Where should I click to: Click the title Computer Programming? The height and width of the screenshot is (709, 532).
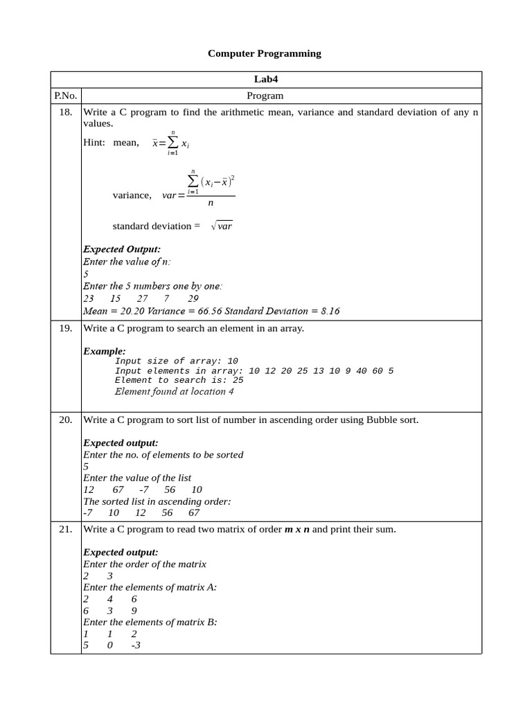(265, 53)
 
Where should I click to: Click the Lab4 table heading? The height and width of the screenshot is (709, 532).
(265, 80)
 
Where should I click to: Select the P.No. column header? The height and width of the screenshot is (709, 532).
(66, 96)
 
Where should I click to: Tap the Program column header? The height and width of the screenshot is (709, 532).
(265, 96)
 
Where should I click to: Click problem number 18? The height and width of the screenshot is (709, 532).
(66, 112)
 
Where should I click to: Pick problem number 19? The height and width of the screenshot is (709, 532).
(66, 328)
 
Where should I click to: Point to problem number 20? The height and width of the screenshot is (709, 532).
(66, 420)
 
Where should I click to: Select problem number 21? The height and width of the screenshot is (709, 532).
(66, 530)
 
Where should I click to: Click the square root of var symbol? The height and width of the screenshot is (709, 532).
(222, 226)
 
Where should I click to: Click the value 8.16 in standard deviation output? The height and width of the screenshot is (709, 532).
(328, 311)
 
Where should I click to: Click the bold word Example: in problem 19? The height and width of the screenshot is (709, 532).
(105, 351)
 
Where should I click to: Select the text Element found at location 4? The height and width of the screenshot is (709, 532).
(174, 391)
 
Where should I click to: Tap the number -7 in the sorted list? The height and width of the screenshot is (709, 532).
(87, 512)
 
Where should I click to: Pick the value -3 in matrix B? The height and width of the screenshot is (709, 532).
(136, 645)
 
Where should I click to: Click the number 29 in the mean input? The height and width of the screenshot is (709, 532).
(193, 299)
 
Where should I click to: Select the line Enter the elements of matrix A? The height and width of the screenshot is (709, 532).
(150, 587)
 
